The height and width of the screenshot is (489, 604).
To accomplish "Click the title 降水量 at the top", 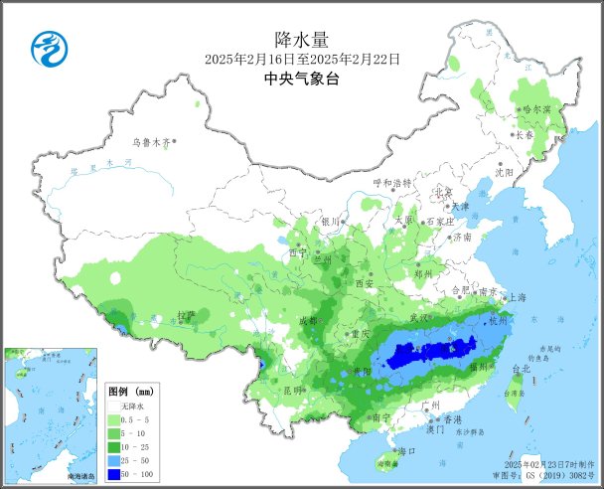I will click(x=301, y=40).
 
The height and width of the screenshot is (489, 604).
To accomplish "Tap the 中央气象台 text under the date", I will click(x=301, y=79).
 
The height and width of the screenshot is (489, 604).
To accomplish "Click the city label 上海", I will click(x=517, y=297).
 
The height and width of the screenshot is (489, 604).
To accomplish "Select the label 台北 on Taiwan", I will click(x=521, y=369).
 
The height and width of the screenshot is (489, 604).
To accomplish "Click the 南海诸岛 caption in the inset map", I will click(x=80, y=478).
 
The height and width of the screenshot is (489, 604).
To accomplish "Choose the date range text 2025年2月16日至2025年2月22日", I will click(x=301, y=60).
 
